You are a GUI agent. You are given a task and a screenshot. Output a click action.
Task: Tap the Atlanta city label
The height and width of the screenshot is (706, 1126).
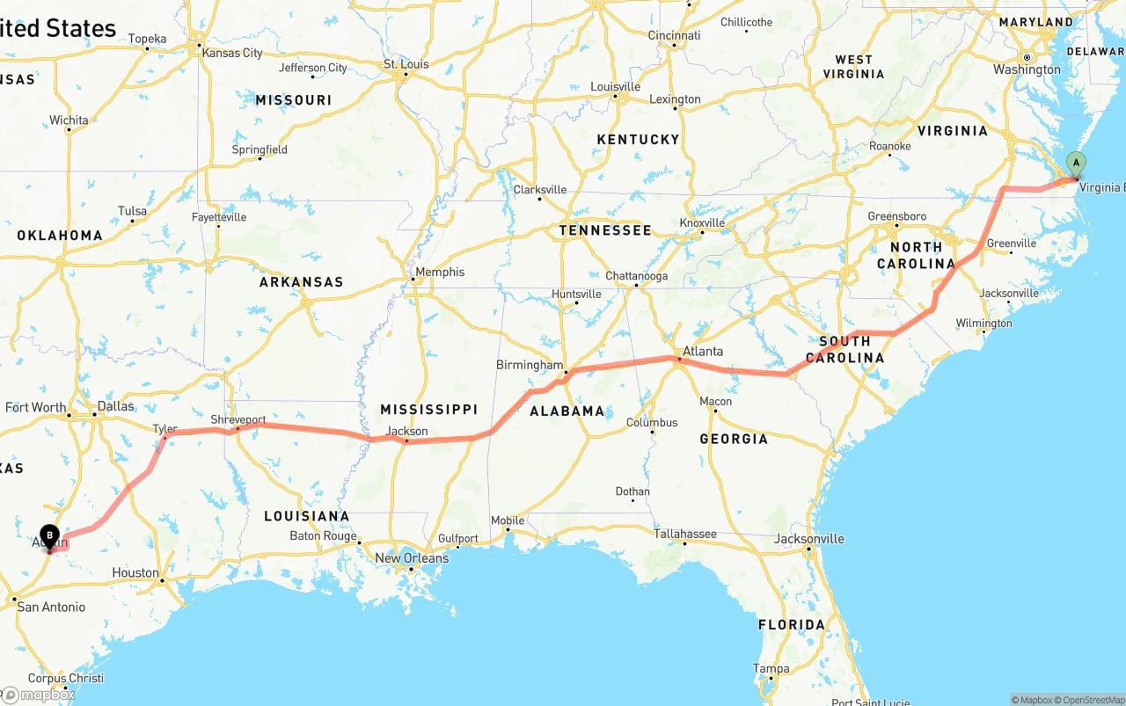pos(703,352)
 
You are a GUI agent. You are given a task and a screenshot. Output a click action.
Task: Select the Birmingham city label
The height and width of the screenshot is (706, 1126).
pos(530,365)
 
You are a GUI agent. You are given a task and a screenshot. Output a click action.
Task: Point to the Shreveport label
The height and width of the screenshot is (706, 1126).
pos(238,420)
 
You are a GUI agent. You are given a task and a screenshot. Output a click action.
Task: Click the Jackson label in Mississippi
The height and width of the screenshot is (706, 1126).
pos(407,431)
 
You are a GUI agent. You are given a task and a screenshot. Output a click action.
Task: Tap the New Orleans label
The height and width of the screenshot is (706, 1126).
pos(412,558)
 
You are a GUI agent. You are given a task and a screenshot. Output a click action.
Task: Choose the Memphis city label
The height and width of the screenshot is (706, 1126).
pos(440,273)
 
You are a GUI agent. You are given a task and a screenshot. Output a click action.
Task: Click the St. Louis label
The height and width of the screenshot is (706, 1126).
pos(406,64)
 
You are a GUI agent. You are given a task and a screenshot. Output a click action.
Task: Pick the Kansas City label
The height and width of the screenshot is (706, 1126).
pos(232,53)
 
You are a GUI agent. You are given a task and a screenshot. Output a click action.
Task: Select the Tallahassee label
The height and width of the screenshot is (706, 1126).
pos(685,534)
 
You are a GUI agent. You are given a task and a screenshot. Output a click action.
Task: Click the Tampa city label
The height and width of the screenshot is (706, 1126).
pos(771,669)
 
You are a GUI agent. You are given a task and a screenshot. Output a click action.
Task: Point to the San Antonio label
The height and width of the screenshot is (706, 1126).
pos(52,607)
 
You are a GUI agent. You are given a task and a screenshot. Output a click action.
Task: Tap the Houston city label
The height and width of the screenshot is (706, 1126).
pos(135,572)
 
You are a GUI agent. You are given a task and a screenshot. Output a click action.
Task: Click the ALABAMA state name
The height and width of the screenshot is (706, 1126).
pos(567,411)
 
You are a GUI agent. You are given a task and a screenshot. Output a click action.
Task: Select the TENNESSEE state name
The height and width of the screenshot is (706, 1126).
pos(605,230)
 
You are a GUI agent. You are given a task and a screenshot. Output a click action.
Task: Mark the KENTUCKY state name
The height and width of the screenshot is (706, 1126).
pos(638,139)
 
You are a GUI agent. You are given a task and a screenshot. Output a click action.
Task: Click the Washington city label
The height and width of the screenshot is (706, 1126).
pos(1027,69)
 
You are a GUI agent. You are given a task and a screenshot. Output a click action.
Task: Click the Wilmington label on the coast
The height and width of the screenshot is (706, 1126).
pos(984,323)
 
